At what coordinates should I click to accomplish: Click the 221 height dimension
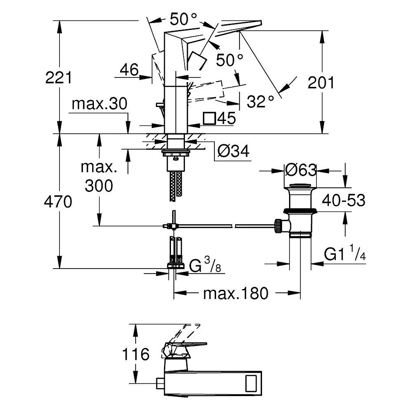(x=58, y=77)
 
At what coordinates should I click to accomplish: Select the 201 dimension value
(x=321, y=83)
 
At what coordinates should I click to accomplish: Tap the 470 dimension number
(x=58, y=202)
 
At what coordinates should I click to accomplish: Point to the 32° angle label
(x=260, y=101)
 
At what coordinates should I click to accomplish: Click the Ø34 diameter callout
(x=233, y=151)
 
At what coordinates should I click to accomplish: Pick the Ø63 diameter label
(x=301, y=170)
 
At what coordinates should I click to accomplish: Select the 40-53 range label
(x=344, y=200)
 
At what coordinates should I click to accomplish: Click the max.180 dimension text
(x=236, y=294)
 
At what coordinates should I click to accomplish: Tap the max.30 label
(x=99, y=104)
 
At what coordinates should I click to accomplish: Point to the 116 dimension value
(x=136, y=354)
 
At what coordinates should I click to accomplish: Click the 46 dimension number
(x=129, y=70)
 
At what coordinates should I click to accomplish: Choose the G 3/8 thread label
(x=205, y=264)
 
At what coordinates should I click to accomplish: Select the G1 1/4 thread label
(x=345, y=252)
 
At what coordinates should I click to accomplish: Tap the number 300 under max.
(x=99, y=186)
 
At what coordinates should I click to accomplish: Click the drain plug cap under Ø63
(x=301, y=186)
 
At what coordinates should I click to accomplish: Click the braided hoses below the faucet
(x=176, y=186)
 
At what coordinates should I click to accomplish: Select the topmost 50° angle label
(x=183, y=19)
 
